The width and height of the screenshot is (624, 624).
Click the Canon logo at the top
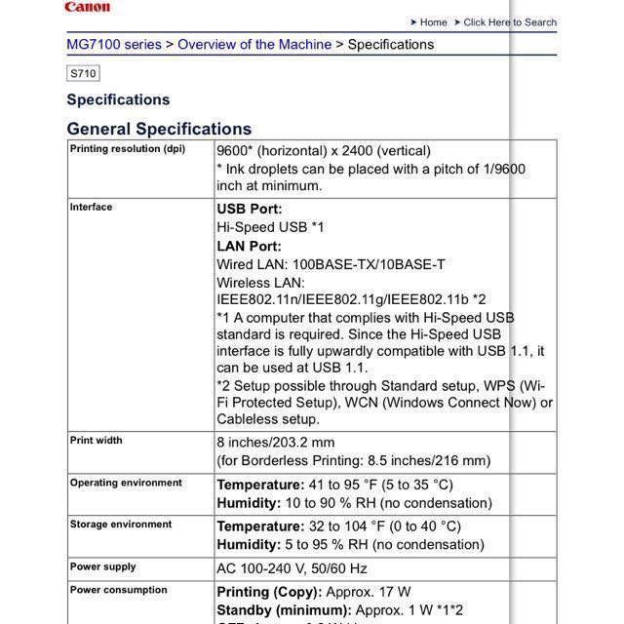87,7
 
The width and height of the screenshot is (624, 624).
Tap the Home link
433,22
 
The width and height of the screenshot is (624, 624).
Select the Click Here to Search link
510,22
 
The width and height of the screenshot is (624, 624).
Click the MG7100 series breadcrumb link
114,45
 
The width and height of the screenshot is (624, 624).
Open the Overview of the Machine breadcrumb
253,45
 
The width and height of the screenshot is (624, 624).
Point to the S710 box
83,73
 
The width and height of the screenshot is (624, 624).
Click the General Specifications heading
159,129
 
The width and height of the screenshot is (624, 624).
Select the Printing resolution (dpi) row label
127,149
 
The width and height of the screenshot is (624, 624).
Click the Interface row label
91,207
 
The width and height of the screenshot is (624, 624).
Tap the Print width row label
96,441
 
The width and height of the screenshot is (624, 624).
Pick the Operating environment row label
126,483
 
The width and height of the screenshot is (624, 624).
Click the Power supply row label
102,566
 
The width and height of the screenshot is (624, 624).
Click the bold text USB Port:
250,209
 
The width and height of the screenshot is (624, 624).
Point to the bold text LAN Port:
249,246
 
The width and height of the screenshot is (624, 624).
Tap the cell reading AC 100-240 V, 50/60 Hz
292,568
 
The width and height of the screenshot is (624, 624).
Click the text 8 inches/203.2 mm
283,442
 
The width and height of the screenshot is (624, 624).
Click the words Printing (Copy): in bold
269,592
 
